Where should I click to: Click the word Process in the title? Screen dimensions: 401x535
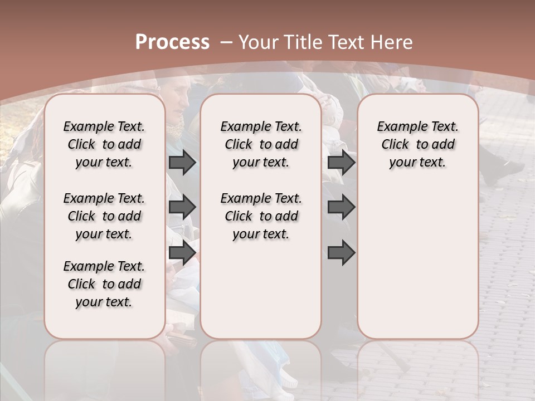pyautogui.click(x=172, y=42)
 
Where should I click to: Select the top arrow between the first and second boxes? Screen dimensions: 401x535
pyautogui.click(x=182, y=163)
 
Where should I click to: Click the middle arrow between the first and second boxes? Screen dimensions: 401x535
pyautogui.click(x=182, y=208)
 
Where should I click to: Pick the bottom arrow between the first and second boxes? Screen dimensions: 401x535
pyautogui.click(x=182, y=253)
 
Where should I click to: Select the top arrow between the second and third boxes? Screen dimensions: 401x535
pyautogui.click(x=342, y=163)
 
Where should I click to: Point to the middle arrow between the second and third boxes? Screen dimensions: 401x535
pyautogui.click(x=342, y=208)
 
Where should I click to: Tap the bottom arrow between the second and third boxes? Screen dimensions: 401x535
pyautogui.click(x=342, y=253)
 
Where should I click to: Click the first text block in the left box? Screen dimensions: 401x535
pyautogui.click(x=104, y=144)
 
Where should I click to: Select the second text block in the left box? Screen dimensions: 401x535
pyautogui.click(x=104, y=216)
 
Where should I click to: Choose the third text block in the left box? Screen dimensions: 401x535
pyautogui.click(x=104, y=284)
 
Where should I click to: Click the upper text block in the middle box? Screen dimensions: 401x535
pyautogui.click(x=261, y=144)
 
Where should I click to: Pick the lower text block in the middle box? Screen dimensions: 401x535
pyautogui.click(x=261, y=216)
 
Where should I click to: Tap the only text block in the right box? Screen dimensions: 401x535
pyautogui.click(x=417, y=144)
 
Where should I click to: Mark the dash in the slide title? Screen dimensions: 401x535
pyautogui.click(x=226, y=42)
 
